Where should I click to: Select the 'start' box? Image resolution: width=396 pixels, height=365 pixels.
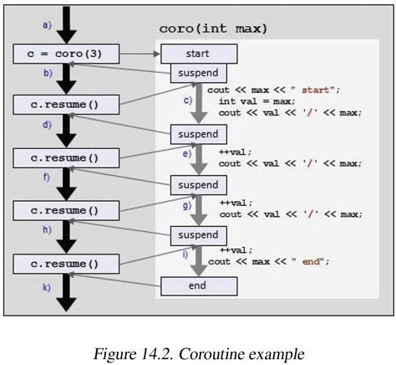[199, 54]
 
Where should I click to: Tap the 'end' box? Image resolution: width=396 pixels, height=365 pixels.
[199, 286]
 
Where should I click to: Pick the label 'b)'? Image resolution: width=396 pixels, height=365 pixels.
[48, 74]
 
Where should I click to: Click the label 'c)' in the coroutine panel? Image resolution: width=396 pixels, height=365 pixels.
[188, 101]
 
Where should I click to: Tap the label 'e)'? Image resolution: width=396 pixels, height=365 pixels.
[187, 154]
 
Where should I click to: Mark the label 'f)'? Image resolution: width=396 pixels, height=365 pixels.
[47, 177]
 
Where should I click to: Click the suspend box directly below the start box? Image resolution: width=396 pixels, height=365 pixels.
[199, 74]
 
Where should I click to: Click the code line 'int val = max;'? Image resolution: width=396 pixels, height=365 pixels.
[256, 100]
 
